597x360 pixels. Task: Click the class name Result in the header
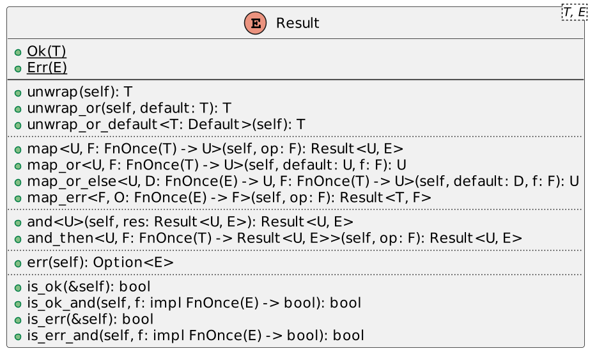[297, 23]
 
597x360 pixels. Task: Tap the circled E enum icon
[255, 23]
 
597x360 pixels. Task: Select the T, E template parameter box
[575, 12]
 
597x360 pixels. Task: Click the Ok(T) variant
[47, 51]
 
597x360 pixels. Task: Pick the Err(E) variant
[47, 68]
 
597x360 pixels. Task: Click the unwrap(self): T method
[79, 92]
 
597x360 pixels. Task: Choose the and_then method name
[60, 238]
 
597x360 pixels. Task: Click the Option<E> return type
[133, 262]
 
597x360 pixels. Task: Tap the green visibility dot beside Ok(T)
[18, 52]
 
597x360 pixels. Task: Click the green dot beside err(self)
[18, 263]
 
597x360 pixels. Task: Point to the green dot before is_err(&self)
[18, 320]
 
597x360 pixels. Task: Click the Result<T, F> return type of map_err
[385, 198]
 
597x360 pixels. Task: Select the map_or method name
[54, 165]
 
